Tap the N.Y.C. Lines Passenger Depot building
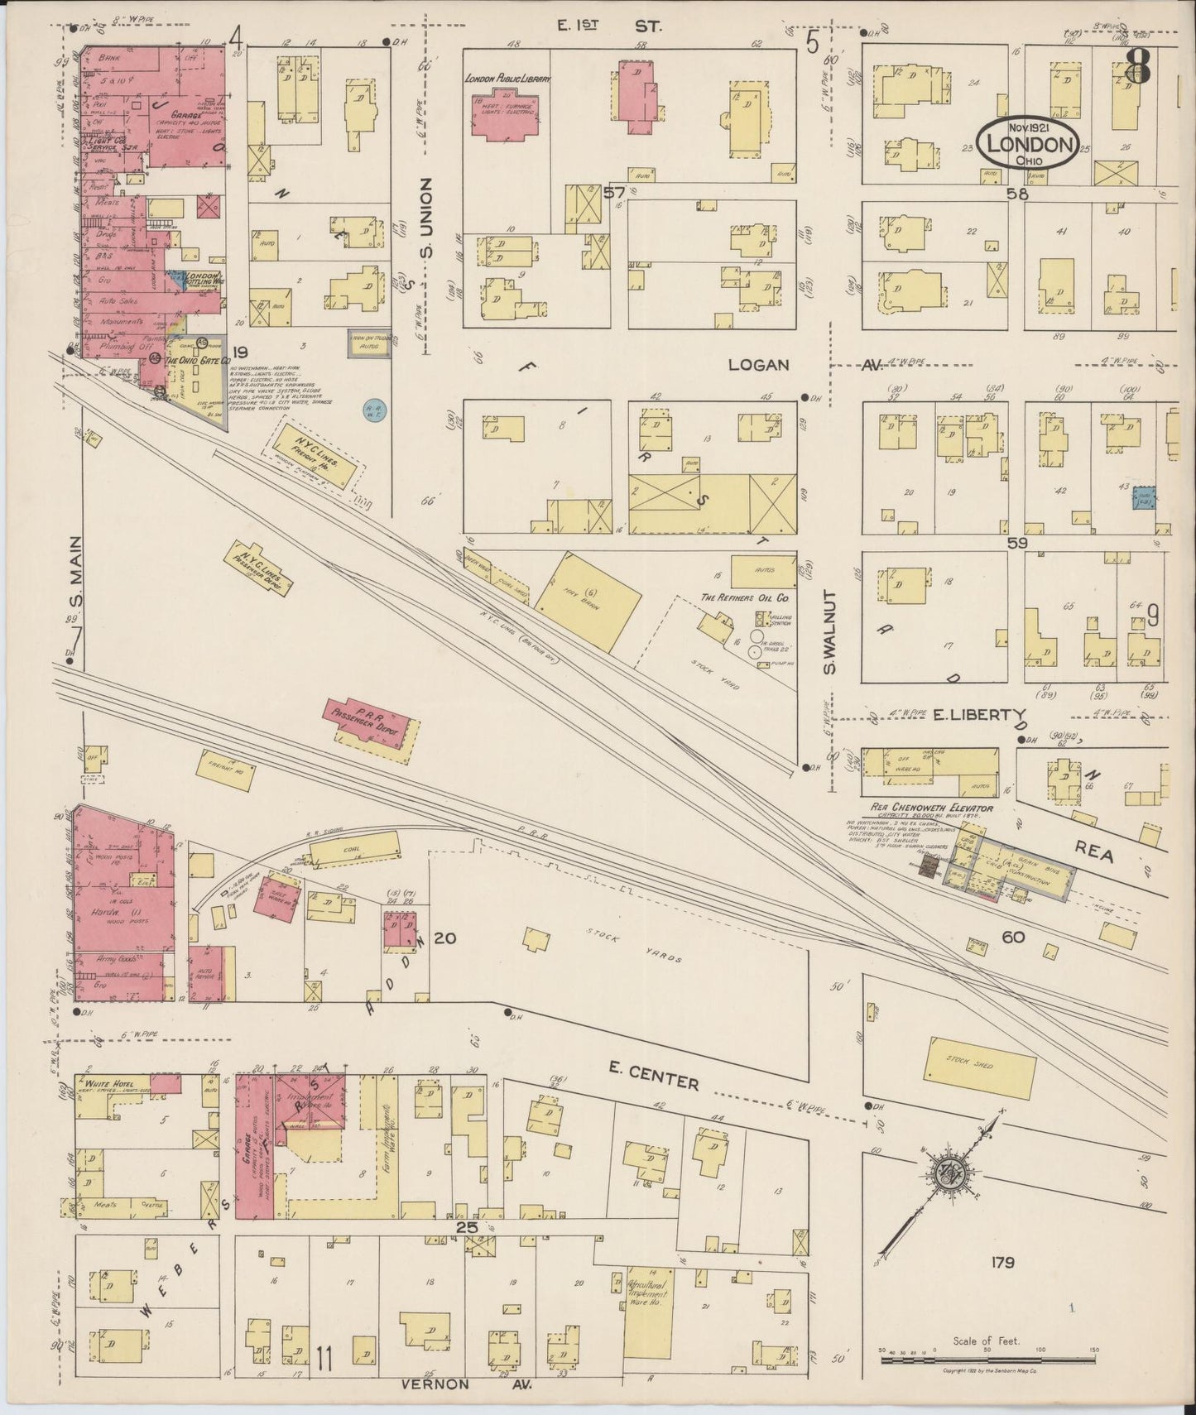(258, 571)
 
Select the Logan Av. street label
(760, 365)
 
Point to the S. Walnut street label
(831, 632)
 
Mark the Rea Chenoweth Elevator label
(931, 808)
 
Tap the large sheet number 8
(1138, 67)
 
